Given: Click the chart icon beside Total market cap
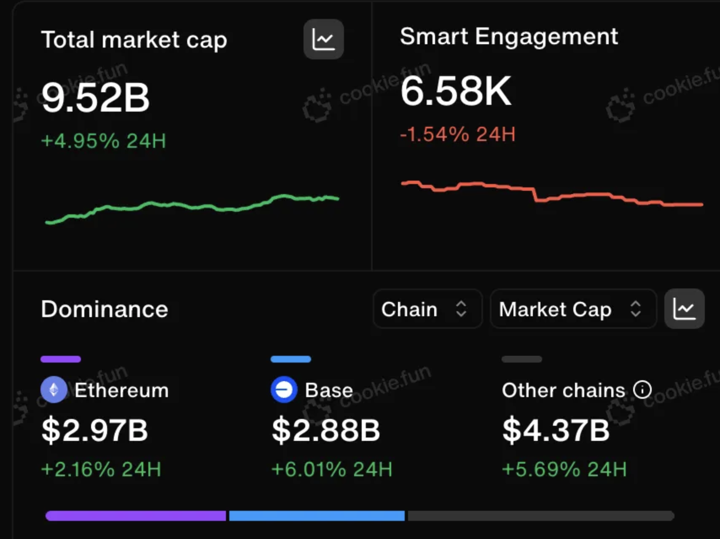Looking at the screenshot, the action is point(323,39).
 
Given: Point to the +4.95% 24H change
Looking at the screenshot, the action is point(104,141).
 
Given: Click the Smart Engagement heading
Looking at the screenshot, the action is point(509,37).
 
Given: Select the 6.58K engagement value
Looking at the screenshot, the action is point(456,91).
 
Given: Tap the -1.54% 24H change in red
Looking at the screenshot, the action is point(458,134).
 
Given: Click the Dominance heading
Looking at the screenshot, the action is point(105,309).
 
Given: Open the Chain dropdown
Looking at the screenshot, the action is point(427,309).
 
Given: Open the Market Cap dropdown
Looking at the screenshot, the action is point(573,309).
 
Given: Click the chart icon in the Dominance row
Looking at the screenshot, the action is point(684,309).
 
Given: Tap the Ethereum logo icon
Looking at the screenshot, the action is point(54,390).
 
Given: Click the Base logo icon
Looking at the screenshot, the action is point(284,390).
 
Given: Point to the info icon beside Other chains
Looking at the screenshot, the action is point(642,390).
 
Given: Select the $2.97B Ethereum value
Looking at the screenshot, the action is point(95,430).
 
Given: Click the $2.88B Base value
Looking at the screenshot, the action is point(326,430).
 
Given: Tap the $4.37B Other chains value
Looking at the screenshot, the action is point(556,430).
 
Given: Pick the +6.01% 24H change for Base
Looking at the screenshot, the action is point(332,469).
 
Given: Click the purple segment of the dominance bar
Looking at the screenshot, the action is point(135,516).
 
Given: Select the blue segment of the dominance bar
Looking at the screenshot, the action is point(317,516).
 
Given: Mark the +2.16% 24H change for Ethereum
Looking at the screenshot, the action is point(101,469).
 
